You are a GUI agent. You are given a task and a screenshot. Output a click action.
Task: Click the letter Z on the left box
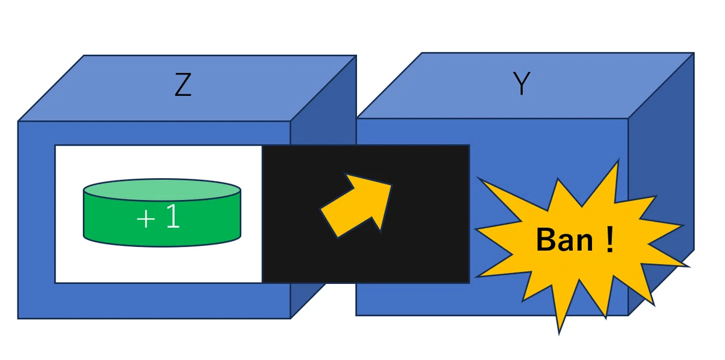tap(183, 85)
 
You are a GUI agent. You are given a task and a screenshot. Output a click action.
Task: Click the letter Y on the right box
tap(521, 83)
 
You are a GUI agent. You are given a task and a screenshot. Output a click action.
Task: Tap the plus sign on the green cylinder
tap(146, 219)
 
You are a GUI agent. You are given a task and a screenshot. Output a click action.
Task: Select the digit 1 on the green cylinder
tap(173, 216)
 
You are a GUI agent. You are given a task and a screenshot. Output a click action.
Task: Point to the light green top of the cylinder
tap(162, 190)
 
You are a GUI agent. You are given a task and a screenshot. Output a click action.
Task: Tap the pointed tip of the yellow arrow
tap(391, 185)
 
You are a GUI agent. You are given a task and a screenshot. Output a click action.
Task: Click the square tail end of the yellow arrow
tap(329, 223)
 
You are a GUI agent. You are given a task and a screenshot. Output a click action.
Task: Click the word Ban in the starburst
tap(564, 240)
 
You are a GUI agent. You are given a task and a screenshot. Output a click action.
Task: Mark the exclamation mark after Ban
tap(610, 239)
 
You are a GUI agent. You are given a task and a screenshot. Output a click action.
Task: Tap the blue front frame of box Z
tap(36, 220)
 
